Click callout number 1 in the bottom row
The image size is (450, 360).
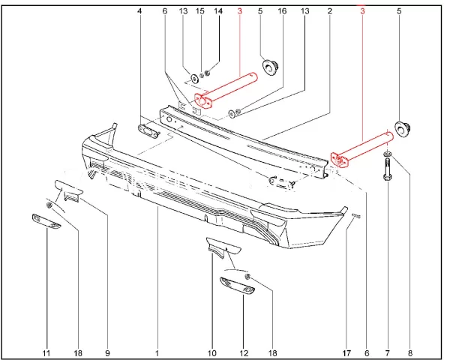[157, 352]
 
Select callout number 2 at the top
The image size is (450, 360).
[330, 11]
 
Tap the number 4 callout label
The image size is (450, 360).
[139, 11]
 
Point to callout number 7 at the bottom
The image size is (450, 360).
[388, 352]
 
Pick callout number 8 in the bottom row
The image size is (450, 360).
[410, 352]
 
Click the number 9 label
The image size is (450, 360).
[107, 352]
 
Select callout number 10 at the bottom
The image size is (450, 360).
[212, 352]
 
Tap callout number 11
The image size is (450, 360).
[46, 352]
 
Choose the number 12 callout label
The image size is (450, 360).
[243, 352]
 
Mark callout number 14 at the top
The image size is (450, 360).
[218, 11]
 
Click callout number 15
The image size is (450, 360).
[199, 11]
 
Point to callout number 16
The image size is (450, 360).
[282, 11]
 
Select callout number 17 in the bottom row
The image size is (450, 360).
[346, 352]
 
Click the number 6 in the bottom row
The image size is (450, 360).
[366, 352]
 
